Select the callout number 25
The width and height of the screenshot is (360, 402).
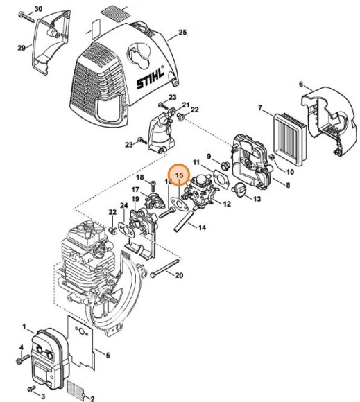click(183, 33)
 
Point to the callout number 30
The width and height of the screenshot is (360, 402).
click(38, 8)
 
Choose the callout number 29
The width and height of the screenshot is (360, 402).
click(22, 47)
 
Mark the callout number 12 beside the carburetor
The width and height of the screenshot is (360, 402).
click(228, 204)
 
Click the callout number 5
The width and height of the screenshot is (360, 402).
click(107, 355)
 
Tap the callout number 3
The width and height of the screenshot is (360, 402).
click(43, 396)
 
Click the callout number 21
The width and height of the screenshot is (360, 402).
click(185, 105)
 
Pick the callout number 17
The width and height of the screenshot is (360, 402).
click(135, 189)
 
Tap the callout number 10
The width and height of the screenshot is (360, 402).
click(290, 171)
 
